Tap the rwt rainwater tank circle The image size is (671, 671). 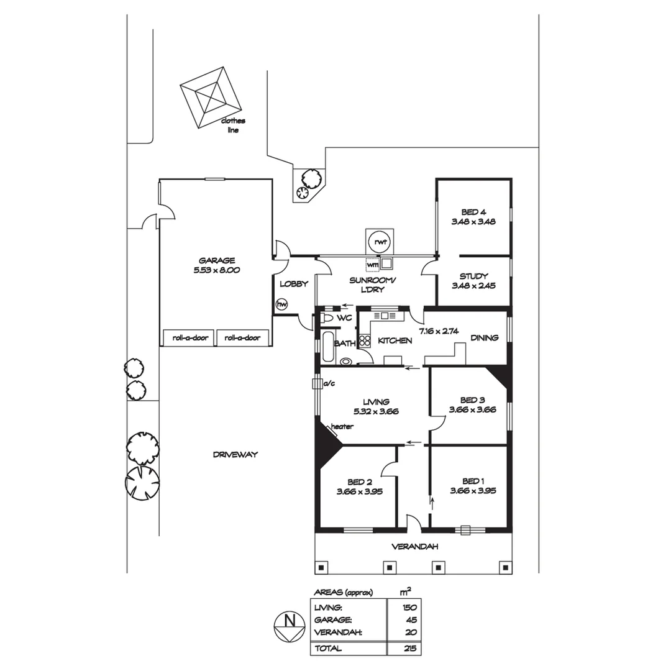(x=378, y=241)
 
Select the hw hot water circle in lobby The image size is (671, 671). (x=282, y=304)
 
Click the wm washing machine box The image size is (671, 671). (x=372, y=265)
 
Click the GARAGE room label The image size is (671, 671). (x=216, y=260)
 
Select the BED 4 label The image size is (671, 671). (x=473, y=211)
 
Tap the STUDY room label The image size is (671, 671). (x=473, y=276)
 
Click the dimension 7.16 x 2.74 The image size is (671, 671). (x=438, y=331)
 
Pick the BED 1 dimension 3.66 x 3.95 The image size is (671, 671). (x=473, y=491)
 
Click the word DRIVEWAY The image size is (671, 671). (x=235, y=455)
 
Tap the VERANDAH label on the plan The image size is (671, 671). (x=414, y=547)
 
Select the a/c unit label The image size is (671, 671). (x=329, y=384)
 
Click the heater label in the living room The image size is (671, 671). (x=342, y=427)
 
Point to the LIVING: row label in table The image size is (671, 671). (x=329, y=608)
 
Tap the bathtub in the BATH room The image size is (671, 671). (x=326, y=347)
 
